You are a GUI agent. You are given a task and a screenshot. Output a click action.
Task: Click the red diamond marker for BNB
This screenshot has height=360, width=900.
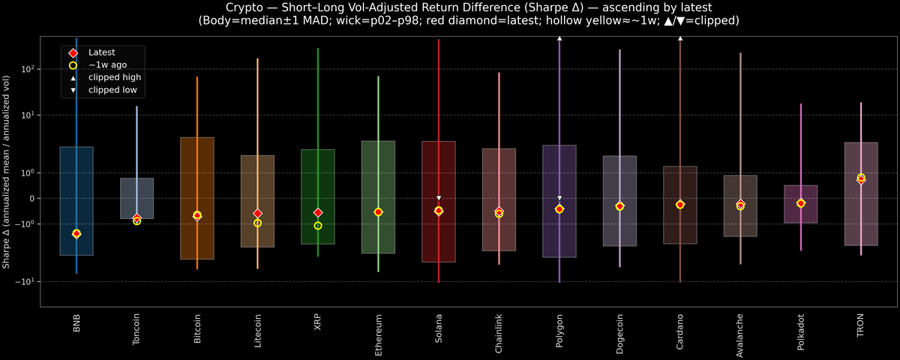(76, 234)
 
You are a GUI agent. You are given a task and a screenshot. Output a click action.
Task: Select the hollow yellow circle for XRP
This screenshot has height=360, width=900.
(318, 226)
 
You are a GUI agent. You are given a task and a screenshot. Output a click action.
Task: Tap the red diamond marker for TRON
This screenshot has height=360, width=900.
(861, 179)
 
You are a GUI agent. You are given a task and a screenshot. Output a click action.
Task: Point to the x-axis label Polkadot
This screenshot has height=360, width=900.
(801, 330)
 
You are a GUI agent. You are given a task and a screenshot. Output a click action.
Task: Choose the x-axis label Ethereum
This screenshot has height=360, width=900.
(378, 330)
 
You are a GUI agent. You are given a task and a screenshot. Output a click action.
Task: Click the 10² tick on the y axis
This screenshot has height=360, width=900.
(28, 69)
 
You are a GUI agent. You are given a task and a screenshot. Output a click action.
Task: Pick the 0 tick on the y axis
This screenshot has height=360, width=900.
(32, 199)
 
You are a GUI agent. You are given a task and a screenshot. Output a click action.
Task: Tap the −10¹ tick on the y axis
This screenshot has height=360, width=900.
(25, 282)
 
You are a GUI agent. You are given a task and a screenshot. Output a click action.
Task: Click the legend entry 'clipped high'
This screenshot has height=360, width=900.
(114, 77)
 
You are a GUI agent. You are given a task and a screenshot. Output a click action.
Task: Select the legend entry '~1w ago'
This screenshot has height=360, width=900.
(107, 65)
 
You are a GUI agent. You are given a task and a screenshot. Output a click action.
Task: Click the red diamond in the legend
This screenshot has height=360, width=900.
(73, 52)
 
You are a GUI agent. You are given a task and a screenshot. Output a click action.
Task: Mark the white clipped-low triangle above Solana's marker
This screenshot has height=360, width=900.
(439, 199)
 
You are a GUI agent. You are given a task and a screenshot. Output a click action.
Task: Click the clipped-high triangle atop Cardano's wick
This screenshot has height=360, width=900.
(680, 37)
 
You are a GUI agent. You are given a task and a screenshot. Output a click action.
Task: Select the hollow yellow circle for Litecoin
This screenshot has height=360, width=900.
(257, 223)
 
